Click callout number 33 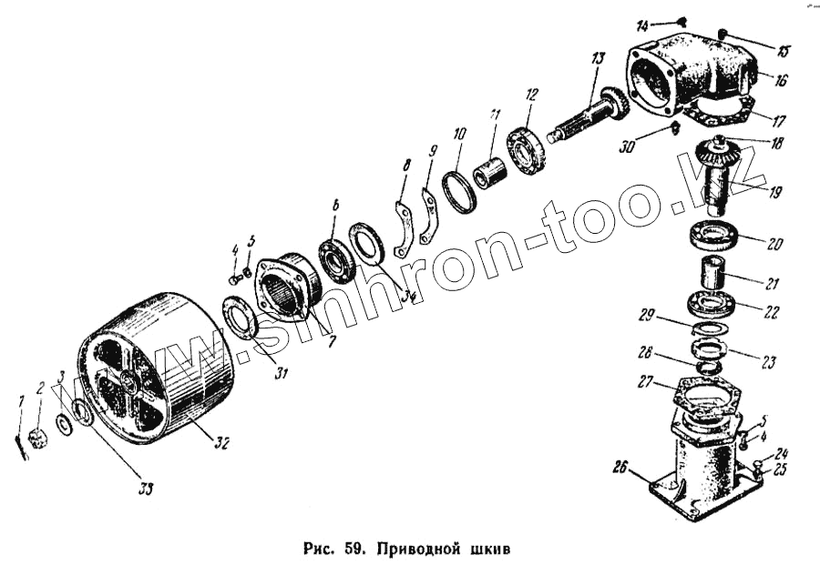tap(146, 489)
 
